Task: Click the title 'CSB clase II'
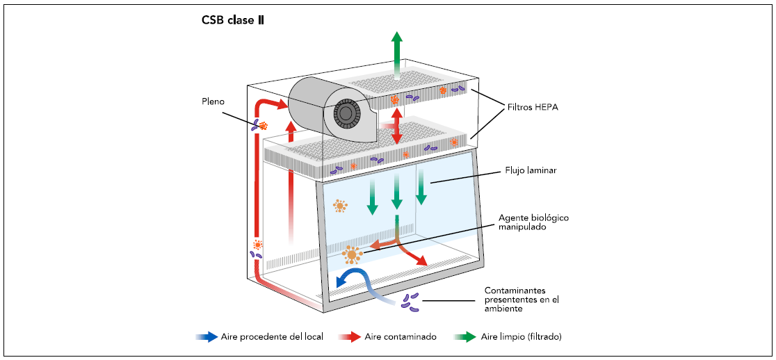tap(233, 20)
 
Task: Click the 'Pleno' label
tap(213, 101)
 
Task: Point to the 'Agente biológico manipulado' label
tap(534, 222)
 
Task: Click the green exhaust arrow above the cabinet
tap(396, 49)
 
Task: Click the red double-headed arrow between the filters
tap(397, 126)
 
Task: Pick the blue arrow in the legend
tap(207, 337)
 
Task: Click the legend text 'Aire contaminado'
tap(401, 337)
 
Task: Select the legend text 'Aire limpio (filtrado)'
tap(521, 337)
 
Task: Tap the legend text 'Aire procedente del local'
tap(272, 337)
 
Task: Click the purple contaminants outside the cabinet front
tap(410, 300)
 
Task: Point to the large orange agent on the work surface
tap(352, 255)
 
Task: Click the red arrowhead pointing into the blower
tap(282, 106)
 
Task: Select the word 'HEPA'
tap(546, 108)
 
